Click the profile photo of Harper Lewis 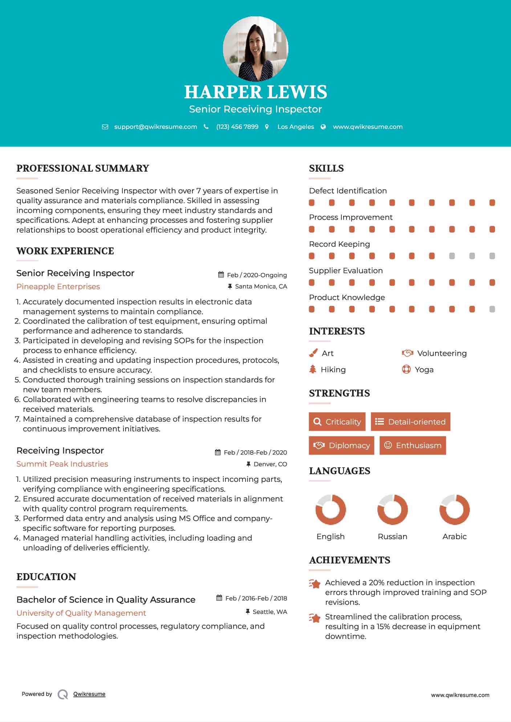(x=255, y=49)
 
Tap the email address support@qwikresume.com (x=155, y=127)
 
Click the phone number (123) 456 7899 (x=237, y=127)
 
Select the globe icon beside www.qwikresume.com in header (x=323, y=127)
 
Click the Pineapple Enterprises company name (x=58, y=287)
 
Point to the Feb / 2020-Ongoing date (x=257, y=275)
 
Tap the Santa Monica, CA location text (x=261, y=286)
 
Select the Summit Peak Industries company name (x=62, y=464)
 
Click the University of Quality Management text (x=81, y=613)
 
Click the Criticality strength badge (x=337, y=422)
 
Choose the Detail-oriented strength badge (x=410, y=422)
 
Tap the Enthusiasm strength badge (x=413, y=445)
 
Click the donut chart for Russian (x=393, y=509)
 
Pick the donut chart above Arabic (x=454, y=509)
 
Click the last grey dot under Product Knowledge (x=492, y=309)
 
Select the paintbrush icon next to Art (x=313, y=353)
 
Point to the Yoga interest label (x=424, y=370)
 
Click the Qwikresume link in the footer (x=89, y=694)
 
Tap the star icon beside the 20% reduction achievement (x=315, y=584)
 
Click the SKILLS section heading (x=326, y=168)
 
